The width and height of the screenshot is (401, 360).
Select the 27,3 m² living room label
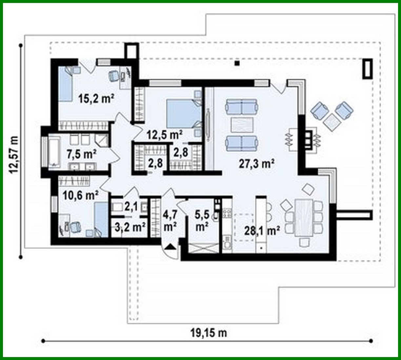pyautogui.click(x=256, y=164)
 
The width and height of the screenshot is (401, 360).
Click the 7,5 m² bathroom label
pyautogui.click(x=82, y=153)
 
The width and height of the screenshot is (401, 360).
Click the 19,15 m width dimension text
pyautogui.click(x=209, y=333)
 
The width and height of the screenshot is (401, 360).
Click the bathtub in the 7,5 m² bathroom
pyautogui.click(x=53, y=151)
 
